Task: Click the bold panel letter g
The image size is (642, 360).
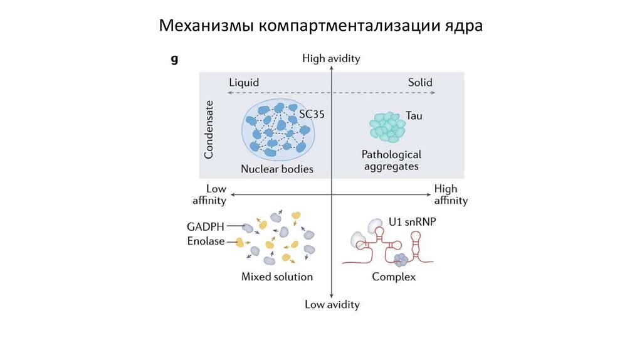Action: pos(174,60)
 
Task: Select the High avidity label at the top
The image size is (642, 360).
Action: pos(331,58)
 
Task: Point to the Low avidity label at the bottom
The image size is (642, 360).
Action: pos(332,305)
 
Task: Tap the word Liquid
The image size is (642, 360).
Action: pos(244,83)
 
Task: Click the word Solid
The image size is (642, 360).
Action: pos(420,83)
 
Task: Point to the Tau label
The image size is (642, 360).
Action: pos(413,117)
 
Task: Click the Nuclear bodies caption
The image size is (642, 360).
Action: pos(277,169)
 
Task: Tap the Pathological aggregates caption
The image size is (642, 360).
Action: pos(391,160)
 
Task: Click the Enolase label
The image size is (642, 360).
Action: pos(205,241)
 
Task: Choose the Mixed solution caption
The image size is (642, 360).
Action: pos(277,277)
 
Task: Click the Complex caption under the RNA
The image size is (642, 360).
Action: pos(394,277)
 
